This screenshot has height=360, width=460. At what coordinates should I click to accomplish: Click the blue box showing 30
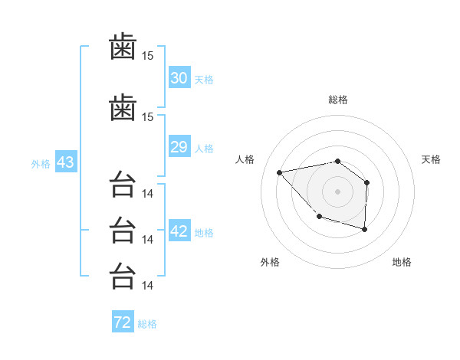(179, 77)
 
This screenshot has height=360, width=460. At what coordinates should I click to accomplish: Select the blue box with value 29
(179, 146)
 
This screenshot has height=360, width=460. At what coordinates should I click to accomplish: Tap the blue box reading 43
(66, 162)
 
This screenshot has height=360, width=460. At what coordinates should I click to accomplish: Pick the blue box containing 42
(179, 230)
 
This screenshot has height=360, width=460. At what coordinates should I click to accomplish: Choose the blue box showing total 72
(123, 321)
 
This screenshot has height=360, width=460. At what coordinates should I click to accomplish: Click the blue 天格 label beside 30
(204, 80)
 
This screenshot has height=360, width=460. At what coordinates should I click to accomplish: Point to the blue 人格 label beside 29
(204, 149)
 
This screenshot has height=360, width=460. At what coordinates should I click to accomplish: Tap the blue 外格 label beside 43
(41, 164)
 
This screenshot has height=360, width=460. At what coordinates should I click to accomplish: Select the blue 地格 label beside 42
(204, 233)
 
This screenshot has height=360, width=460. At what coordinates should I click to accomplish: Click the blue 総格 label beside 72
(147, 324)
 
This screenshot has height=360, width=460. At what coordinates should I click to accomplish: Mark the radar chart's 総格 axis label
(338, 100)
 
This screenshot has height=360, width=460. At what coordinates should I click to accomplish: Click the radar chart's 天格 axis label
(431, 159)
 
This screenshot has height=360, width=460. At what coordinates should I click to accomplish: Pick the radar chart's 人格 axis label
(245, 159)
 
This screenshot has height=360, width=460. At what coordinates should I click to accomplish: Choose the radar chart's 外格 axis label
(270, 262)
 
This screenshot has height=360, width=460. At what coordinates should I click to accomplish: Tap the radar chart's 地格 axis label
(402, 262)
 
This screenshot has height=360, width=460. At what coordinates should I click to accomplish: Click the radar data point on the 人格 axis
(279, 172)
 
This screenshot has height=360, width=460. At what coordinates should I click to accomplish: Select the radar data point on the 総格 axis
(337, 162)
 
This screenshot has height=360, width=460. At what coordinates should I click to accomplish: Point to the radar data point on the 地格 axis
(364, 229)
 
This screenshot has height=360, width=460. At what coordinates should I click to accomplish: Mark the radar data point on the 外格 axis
(320, 216)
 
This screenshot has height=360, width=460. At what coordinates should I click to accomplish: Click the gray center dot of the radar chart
(337, 191)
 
